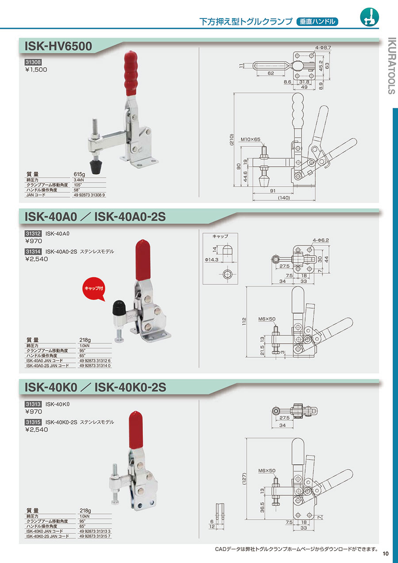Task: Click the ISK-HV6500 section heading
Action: point(58,46)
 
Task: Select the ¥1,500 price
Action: point(36,69)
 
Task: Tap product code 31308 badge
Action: point(33,62)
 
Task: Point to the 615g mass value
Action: point(80,174)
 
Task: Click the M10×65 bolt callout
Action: point(250,139)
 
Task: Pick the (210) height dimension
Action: point(231,139)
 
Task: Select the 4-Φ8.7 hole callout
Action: point(323,47)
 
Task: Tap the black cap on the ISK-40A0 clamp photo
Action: point(119,308)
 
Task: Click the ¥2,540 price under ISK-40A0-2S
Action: point(37,259)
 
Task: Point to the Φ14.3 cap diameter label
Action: point(211,259)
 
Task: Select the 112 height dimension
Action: point(244,322)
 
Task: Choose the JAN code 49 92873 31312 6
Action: point(95,360)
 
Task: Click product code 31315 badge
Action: point(33,422)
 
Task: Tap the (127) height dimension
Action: point(244,479)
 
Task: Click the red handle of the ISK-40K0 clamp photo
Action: point(136,430)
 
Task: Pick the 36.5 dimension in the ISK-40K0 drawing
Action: point(262,507)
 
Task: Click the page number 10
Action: point(386,553)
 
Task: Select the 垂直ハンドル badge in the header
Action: point(318,22)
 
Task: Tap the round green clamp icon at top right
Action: point(369,17)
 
